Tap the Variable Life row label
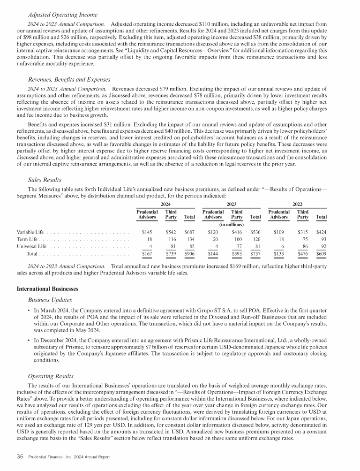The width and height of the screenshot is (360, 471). [30, 232]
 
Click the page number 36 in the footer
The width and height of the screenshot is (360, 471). [21, 457]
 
